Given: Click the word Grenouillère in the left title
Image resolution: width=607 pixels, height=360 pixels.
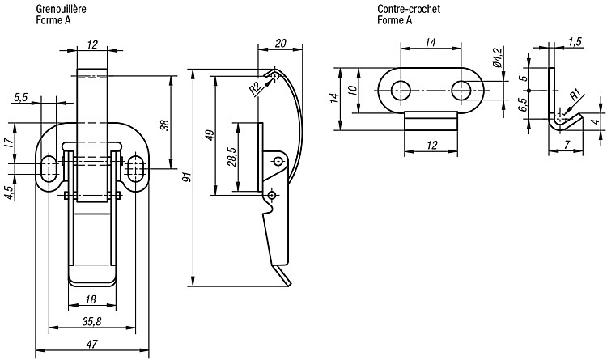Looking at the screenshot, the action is click(62, 9).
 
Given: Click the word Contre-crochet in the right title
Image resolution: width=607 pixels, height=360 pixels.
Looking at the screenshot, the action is click(409, 9).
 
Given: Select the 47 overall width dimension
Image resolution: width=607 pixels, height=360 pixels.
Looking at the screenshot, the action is click(91, 343).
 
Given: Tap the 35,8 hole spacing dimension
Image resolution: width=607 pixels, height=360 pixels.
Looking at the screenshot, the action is click(91, 321).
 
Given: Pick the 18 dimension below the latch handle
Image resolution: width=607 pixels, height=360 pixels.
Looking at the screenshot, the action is click(90, 299).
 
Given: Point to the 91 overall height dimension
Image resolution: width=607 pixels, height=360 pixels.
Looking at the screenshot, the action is click(187, 178).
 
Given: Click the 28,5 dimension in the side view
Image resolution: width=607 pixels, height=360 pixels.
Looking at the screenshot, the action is click(232, 156).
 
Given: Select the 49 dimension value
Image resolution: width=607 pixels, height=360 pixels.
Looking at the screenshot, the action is click(210, 135).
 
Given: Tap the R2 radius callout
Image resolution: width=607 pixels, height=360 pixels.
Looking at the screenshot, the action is click(254, 90).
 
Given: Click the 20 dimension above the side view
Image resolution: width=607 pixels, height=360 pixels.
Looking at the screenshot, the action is click(280, 43).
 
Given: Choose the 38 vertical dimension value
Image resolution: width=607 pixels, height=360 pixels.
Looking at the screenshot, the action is click(164, 125).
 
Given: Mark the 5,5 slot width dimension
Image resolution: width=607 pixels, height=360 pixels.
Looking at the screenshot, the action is click(21, 98).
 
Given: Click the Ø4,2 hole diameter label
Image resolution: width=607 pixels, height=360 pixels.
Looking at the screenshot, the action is click(499, 57).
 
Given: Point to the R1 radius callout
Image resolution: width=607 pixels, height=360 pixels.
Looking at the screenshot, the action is click(575, 95).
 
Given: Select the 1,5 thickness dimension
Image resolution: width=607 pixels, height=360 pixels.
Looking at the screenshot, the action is click(575, 41).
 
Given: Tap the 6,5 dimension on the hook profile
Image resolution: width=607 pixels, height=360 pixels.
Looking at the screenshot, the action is click(523, 105).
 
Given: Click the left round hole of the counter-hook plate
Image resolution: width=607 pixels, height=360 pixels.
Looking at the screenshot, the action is click(401, 91).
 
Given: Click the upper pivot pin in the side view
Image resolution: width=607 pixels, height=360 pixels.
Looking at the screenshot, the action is click(278, 161).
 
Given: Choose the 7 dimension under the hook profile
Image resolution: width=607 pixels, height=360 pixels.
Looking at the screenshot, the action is click(567, 145).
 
